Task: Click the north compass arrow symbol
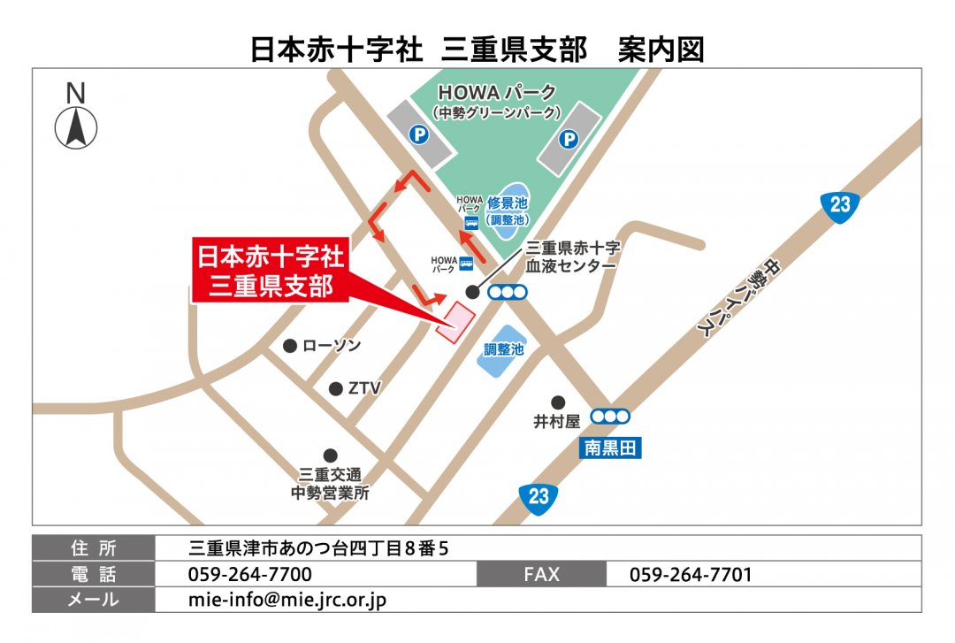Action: tap(76, 127)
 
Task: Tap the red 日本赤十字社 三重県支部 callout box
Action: tap(270, 272)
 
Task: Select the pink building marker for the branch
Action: tap(456, 322)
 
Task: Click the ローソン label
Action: tap(332, 346)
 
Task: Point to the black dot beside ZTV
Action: tap(335, 388)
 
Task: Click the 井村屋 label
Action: tap(556, 422)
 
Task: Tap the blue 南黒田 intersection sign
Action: tap(610, 448)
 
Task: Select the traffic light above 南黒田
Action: tap(610, 416)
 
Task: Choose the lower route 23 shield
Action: tap(539, 495)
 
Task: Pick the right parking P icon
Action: tap(569, 139)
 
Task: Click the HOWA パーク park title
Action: tap(498, 93)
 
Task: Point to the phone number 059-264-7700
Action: tap(250, 574)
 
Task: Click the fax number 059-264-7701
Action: tap(691, 574)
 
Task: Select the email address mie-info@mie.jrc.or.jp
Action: tap(287, 600)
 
